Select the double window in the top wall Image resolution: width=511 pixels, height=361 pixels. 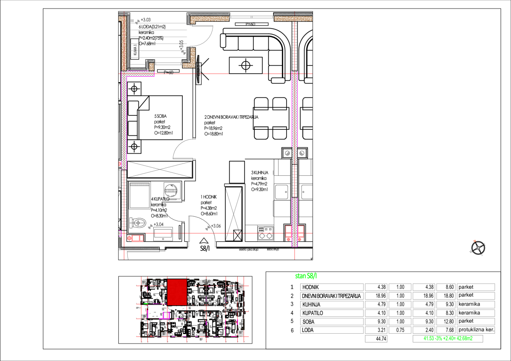[x=251, y=17]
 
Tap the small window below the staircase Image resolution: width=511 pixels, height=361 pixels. [x=168, y=64]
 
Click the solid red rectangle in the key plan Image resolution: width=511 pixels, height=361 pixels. [x=177, y=292]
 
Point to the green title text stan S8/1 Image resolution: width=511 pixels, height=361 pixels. [x=306, y=276]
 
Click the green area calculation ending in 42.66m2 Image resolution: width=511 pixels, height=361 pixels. [x=448, y=338]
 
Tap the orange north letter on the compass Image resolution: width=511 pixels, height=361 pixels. [x=475, y=241]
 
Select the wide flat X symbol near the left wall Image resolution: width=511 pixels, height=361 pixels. [x=160, y=169]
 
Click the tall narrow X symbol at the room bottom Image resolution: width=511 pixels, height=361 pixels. [x=233, y=214]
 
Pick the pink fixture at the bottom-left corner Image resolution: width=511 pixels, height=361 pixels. [x=137, y=238]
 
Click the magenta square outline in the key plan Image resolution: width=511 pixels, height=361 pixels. [x=166, y=315]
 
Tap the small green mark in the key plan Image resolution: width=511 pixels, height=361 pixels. [x=146, y=304]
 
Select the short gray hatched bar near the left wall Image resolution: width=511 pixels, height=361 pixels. [x=140, y=184]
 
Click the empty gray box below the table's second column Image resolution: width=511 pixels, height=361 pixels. [x=376, y=338]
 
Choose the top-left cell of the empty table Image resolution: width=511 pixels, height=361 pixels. [x=332, y=287]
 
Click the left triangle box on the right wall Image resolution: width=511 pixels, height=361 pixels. [x=287, y=153]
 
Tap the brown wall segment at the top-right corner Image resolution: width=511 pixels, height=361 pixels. [x=293, y=19]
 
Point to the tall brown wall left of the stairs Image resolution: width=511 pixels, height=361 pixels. [x=124, y=43]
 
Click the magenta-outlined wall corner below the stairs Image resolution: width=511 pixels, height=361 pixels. [x=138, y=74]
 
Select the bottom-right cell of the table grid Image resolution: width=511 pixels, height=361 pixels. [x=476, y=330]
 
